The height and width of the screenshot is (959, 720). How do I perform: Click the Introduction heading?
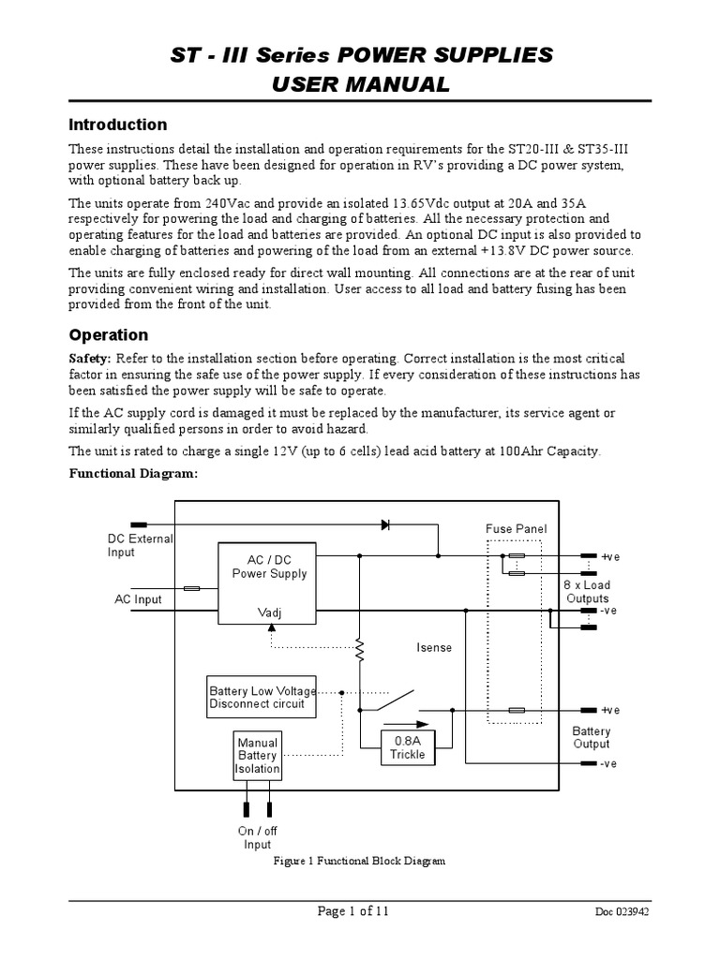click(118, 125)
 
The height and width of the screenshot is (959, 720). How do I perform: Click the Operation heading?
click(108, 334)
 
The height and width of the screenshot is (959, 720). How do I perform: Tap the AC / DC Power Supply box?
click(269, 583)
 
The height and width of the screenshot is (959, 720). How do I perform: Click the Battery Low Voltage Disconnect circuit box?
click(262, 698)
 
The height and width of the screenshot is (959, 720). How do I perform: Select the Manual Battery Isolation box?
click(257, 756)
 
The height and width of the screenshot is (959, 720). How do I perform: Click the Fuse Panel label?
click(516, 529)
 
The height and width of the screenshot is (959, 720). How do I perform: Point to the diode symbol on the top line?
click(385, 524)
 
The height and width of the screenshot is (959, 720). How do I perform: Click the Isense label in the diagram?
click(434, 647)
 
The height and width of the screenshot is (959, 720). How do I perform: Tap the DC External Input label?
click(139, 545)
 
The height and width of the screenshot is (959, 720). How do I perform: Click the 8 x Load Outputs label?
click(587, 591)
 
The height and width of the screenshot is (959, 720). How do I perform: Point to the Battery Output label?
click(591, 738)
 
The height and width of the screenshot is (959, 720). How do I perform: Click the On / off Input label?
click(258, 837)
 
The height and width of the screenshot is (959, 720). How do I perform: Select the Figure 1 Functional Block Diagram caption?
click(358, 860)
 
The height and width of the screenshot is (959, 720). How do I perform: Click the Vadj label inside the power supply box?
click(269, 612)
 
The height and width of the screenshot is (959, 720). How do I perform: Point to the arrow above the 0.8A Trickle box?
click(408, 724)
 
